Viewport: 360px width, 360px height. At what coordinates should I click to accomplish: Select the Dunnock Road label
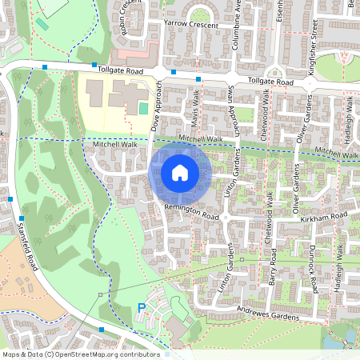coord(314,268)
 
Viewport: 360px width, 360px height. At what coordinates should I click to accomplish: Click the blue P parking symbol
coord(142,307)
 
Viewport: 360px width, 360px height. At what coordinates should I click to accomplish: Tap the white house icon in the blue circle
coord(180,172)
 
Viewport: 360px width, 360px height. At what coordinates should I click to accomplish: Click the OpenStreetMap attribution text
coord(81,354)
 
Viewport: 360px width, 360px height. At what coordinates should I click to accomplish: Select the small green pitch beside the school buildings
coord(143,108)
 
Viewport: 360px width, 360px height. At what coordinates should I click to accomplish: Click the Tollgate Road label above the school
coord(121,71)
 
